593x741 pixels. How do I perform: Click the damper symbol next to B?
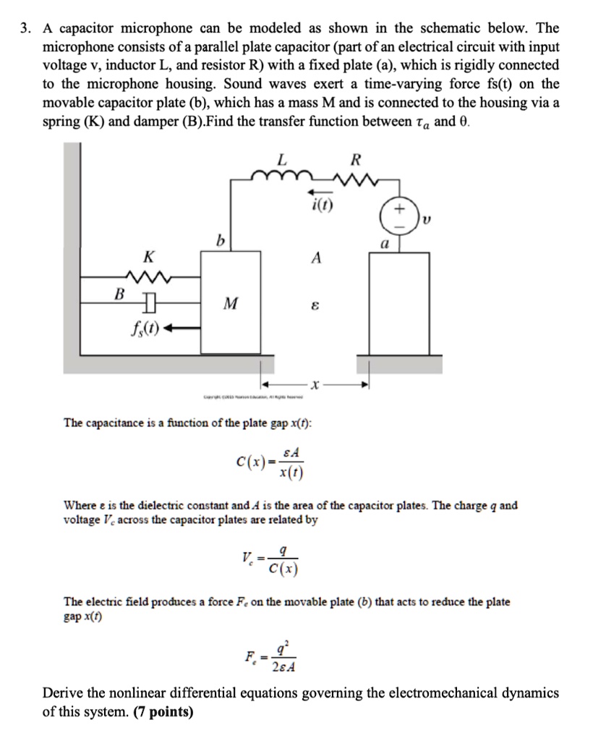click(148, 300)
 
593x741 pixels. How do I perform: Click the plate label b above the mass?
click(216, 240)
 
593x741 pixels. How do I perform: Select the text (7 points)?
click(163, 712)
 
